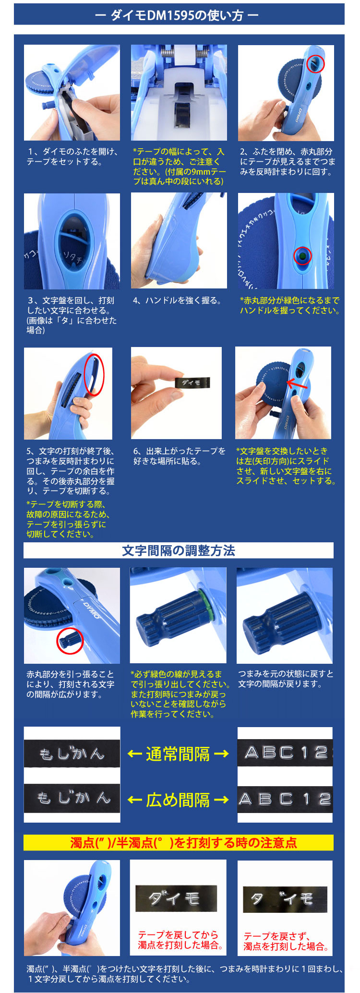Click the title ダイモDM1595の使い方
(x=178, y=15)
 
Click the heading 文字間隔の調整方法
(x=178, y=550)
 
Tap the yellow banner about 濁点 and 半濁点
(x=178, y=842)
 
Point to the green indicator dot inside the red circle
(x=302, y=256)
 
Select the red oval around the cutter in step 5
(x=94, y=374)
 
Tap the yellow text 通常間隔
(x=178, y=754)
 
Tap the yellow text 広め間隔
(x=178, y=800)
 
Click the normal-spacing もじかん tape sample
(x=72, y=754)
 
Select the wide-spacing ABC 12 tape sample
(x=285, y=799)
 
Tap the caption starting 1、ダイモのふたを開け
(x=72, y=157)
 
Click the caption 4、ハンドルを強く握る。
(x=177, y=300)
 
